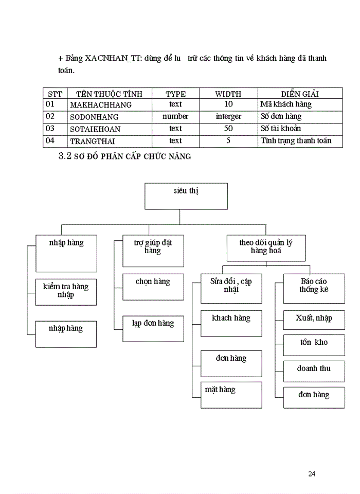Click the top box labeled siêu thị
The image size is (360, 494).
[186, 196]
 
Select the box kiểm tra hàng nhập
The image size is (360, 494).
[66, 292]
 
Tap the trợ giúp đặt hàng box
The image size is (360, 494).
[153, 251]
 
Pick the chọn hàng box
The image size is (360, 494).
[153, 287]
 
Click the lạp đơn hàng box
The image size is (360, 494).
[153, 328]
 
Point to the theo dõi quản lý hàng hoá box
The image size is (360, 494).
[265, 248]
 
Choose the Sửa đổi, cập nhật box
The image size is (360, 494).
[231, 289]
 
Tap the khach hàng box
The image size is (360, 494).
[231, 323]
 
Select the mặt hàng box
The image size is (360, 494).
[231, 395]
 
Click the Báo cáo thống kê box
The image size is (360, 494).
[314, 289]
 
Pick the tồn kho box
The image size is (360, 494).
[314, 345]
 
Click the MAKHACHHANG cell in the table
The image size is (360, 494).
[101, 105]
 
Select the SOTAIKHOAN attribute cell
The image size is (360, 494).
[99, 129]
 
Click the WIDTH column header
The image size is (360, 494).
[228, 94]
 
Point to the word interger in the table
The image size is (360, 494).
[228, 117]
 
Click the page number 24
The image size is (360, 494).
[312, 474]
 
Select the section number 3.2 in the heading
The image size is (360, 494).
[67, 156]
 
